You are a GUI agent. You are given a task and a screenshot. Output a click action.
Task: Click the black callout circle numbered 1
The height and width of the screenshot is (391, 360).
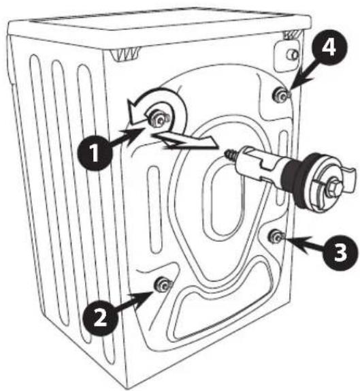pyautogui.click(x=94, y=153)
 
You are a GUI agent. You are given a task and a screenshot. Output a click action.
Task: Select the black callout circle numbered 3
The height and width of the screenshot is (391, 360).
pyautogui.click(x=340, y=253)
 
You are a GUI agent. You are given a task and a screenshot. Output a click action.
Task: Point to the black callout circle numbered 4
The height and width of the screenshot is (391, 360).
pyautogui.click(x=329, y=48)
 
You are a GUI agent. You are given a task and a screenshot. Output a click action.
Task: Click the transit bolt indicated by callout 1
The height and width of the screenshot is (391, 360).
pyautogui.click(x=159, y=119)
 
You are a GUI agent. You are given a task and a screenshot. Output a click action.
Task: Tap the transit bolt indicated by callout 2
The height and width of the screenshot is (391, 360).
pyautogui.click(x=163, y=285)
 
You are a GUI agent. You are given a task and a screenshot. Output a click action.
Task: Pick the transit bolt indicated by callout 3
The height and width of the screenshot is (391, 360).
pyautogui.click(x=276, y=236)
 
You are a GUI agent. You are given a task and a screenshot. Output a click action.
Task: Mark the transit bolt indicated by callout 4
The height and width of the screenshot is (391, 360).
pyautogui.click(x=281, y=95)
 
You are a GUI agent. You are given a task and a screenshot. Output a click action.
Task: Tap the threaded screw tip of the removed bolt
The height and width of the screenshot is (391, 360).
pyautogui.click(x=231, y=155)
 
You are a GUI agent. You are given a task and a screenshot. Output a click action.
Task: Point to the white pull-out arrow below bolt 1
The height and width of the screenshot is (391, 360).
pyautogui.click(x=184, y=141)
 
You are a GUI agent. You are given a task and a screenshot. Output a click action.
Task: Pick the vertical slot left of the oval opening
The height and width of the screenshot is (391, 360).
pyautogui.click(x=154, y=210)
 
